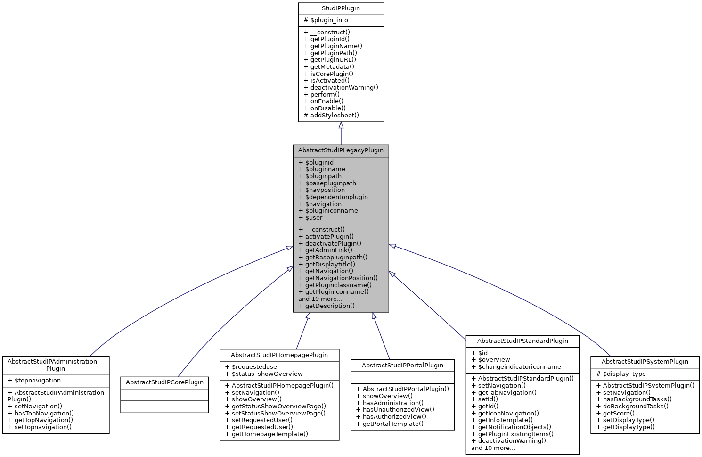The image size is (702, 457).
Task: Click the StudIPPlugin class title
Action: click(341, 8)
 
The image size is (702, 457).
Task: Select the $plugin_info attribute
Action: click(326, 20)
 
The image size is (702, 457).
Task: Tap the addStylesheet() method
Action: click(331, 115)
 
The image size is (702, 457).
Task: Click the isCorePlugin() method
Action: click(328, 74)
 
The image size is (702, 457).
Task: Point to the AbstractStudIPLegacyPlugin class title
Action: click(341, 150)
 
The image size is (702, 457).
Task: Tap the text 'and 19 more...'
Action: click(320, 299)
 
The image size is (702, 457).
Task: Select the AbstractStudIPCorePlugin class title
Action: click(164, 382)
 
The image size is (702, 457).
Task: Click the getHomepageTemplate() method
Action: click(266, 434)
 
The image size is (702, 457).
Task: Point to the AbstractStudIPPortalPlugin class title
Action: click(402, 366)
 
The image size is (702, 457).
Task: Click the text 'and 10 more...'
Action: click(493, 448)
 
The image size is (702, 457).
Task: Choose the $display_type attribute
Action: click(621, 374)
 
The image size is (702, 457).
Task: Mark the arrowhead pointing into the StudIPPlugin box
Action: click(341, 125)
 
